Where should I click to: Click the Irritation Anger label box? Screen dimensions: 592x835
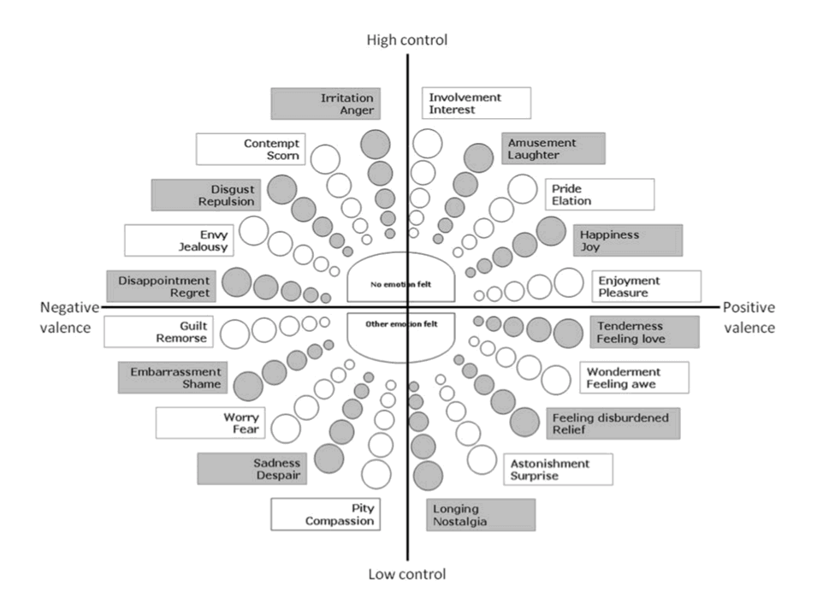325,104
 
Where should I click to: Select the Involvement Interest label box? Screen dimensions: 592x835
477,104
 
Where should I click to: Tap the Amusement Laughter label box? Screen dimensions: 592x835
554,149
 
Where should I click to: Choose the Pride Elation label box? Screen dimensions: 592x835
600,195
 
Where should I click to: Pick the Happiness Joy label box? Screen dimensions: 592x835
628,240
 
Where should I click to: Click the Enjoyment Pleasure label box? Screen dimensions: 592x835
646,287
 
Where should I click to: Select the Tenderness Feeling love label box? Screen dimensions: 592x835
644,332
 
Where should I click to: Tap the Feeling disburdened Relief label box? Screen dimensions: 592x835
613,423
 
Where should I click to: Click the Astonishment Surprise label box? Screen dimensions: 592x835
559,469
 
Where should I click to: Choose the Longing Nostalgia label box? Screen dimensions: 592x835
481,515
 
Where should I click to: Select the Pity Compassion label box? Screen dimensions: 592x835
325,515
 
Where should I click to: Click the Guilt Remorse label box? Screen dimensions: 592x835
157,332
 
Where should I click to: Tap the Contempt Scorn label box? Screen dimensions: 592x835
250,149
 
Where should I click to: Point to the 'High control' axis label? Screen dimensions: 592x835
406,39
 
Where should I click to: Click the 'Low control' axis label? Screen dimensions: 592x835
406,574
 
